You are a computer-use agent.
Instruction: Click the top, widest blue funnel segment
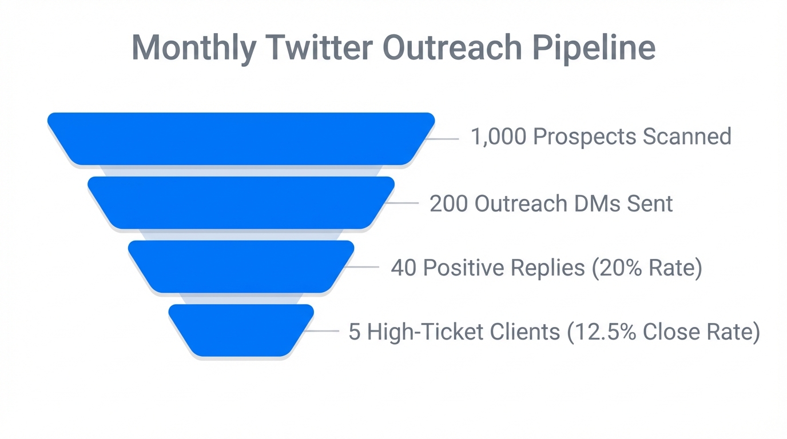click(x=241, y=139)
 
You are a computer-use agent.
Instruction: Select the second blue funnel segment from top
click(x=241, y=203)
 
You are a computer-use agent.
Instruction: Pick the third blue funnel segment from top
click(x=241, y=267)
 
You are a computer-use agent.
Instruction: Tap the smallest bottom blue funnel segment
click(x=241, y=330)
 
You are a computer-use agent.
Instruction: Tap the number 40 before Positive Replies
click(x=403, y=268)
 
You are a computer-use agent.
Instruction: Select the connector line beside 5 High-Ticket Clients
click(x=322, y=331)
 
